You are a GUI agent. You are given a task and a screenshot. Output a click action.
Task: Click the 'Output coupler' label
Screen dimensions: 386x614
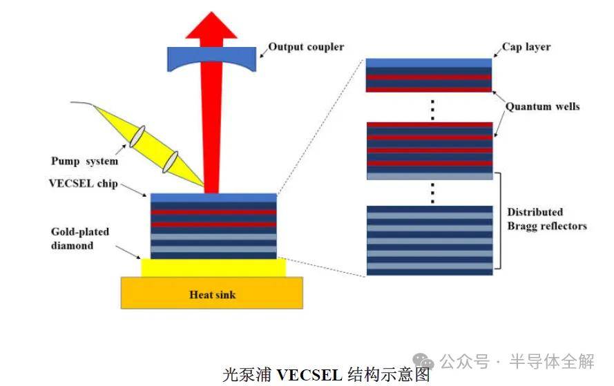point(306,47)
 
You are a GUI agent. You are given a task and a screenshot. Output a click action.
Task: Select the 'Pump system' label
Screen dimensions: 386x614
point(84,161)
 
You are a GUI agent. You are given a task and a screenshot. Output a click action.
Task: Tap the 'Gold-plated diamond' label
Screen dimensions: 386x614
point(80,238)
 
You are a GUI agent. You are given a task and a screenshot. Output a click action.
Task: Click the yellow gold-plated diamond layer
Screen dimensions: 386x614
point(213,267)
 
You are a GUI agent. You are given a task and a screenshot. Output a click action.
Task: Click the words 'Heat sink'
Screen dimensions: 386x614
point(212,295)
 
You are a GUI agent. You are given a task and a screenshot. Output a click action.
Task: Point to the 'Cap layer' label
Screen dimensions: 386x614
point(526,48)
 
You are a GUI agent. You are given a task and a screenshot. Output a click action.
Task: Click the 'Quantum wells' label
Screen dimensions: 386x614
point(542,106)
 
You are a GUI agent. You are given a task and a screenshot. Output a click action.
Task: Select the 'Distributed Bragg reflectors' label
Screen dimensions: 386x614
point(546,219)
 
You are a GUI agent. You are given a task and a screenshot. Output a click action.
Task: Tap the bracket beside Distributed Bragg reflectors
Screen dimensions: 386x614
point(499,221)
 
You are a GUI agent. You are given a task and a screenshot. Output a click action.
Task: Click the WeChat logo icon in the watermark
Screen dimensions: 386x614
point(424,360)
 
